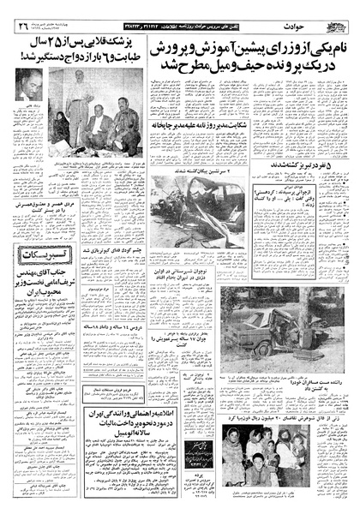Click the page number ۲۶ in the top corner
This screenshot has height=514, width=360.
tap(19, 26)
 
